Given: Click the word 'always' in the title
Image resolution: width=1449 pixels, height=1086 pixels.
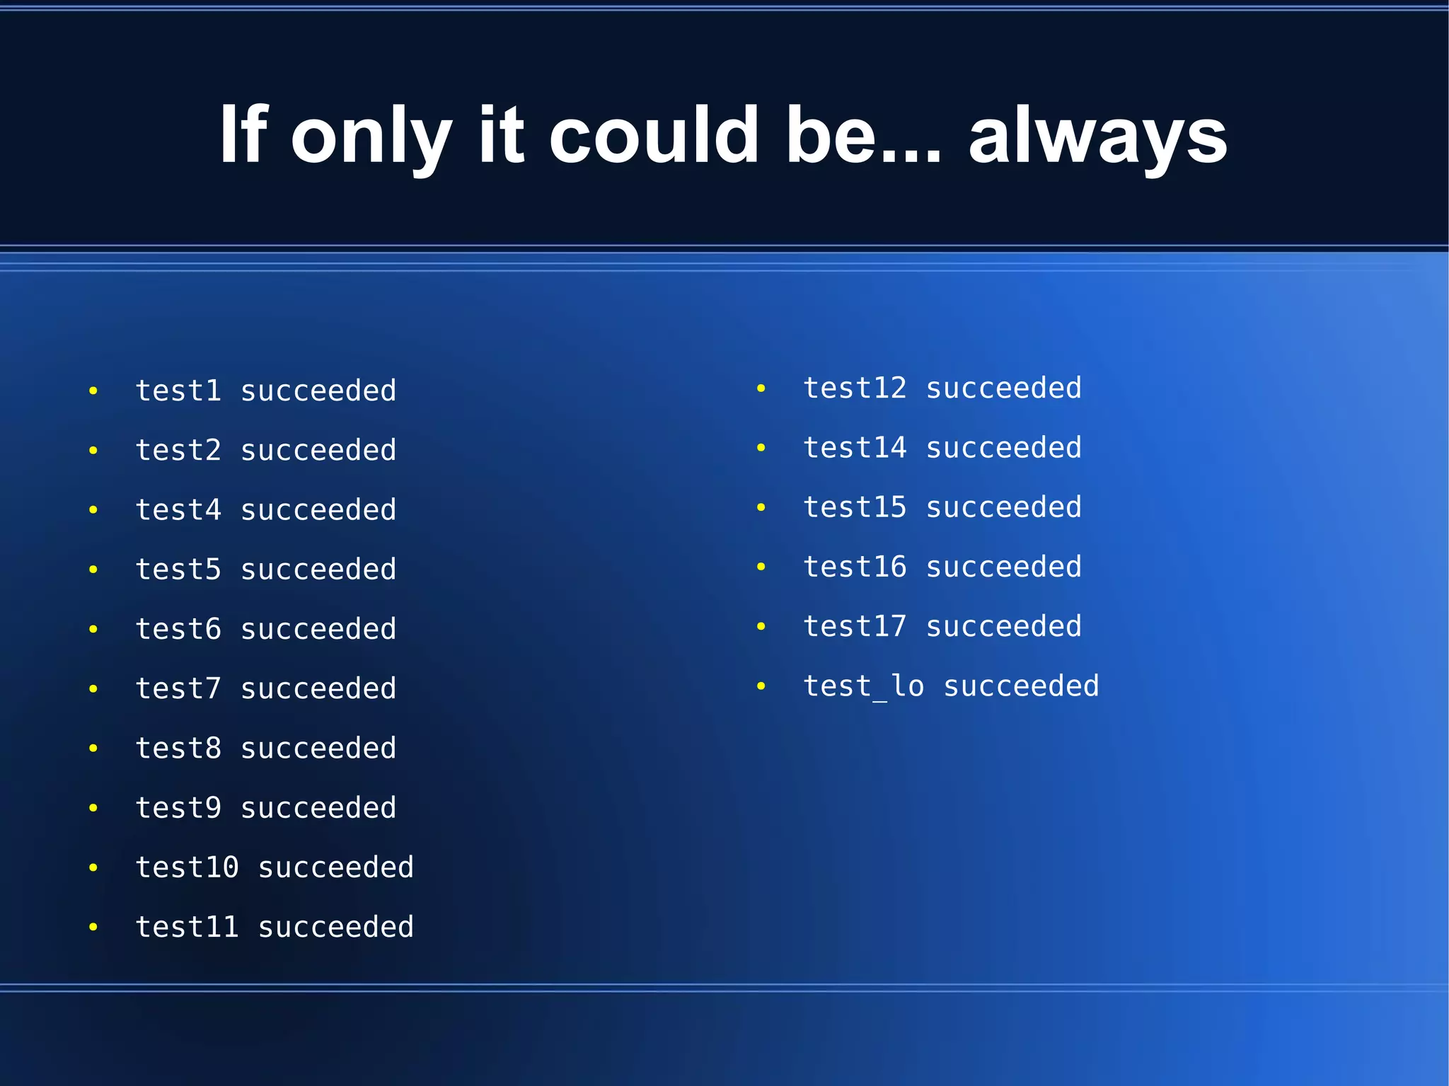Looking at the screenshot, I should tap(1097, 136).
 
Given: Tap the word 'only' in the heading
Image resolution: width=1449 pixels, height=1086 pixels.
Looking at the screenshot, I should tap(371, 136).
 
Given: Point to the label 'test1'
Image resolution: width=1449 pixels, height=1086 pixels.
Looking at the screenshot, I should tap(178, 391).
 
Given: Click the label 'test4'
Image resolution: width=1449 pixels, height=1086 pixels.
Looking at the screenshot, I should tap(178, 510).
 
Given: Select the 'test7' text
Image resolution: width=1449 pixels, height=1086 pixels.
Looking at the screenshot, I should tap(178, 688).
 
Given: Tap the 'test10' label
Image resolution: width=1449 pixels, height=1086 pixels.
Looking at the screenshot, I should tap(187, 867).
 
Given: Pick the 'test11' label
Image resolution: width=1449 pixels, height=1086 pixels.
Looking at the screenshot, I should tap(187, 927).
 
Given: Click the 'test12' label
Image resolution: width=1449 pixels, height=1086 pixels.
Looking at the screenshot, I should tap(855, 388).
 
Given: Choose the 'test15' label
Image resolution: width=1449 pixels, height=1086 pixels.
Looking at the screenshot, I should tap(855, 507).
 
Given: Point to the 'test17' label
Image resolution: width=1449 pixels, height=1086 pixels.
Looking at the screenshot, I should tap(855, 626).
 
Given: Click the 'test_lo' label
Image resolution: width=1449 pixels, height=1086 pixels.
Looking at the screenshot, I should tap(863, 686).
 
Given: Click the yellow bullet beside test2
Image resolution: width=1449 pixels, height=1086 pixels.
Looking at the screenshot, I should tap(93, 451).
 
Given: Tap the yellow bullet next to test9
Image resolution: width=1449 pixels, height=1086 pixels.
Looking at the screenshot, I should tap(93, 808).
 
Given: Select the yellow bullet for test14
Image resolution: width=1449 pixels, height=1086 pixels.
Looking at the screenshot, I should tap(761, 448).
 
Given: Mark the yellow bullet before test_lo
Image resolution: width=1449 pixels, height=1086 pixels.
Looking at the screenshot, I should tap(761, 686).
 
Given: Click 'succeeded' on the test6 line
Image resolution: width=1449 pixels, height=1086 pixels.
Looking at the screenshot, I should tap(318, 629).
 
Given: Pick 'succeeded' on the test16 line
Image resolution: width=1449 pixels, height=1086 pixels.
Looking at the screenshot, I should tap(1003, 567).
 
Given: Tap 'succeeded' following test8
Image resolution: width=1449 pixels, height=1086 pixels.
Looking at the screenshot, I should tap(318, 749).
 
